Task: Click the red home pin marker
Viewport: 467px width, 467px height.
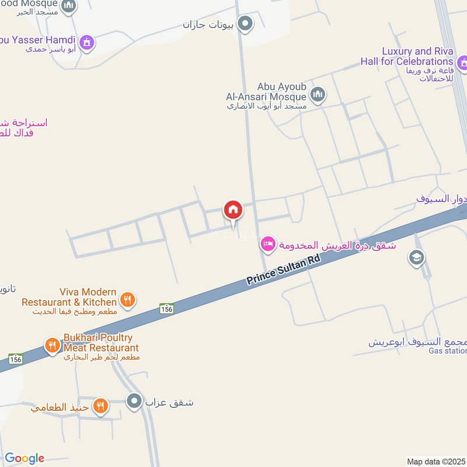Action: coord(233,210)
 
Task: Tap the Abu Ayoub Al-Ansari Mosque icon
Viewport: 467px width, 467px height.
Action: coord(318,94)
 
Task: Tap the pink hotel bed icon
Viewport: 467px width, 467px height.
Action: coord(268,245)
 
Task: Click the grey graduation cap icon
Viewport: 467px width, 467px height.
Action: coord(416,257)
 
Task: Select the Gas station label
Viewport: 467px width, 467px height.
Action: coord(448,351)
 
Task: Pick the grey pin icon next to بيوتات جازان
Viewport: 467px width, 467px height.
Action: coord(246,24)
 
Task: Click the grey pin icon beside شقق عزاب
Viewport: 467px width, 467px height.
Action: coord(134,401)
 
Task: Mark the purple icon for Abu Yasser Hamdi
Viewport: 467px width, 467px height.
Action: coord(87,43)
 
